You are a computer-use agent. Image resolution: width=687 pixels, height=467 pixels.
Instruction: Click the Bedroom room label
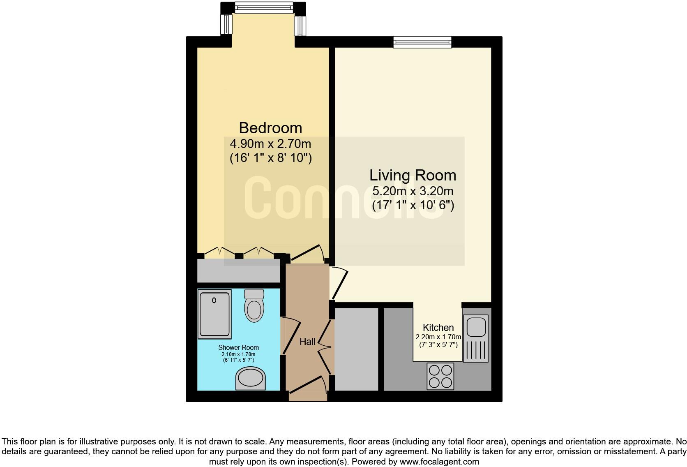click(x=270, y=128)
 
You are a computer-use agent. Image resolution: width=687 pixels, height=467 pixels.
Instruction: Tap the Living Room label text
click(x=413, y=176)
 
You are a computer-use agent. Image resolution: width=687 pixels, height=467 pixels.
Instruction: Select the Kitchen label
click(x=438, y=328)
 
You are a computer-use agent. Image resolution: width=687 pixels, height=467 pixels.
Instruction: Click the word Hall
click(x=307, y=342)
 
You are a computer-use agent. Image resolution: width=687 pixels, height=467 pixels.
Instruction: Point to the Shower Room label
click(x=238, y=348)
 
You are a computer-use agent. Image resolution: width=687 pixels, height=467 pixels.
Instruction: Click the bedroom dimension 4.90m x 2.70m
click(x=270, y=144)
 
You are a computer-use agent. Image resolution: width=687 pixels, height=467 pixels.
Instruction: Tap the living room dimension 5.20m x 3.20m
click(x=413, y=191)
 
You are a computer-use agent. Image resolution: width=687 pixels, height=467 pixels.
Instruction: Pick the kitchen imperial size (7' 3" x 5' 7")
click(x=438, y=345)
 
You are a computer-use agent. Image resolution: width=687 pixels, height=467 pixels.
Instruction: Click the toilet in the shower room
click(x=254, y=306)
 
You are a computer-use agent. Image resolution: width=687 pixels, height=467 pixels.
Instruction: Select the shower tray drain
click(x=214, y=301)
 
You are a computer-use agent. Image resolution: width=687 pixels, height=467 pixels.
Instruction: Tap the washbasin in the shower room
click(x=250, y=378)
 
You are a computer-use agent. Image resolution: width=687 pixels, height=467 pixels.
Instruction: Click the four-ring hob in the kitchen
click(x=440, y=376)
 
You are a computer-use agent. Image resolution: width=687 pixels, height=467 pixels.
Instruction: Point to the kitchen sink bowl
click(x=476, y=326)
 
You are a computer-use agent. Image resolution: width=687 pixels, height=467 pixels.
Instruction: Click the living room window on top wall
click(x=422, y=42)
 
